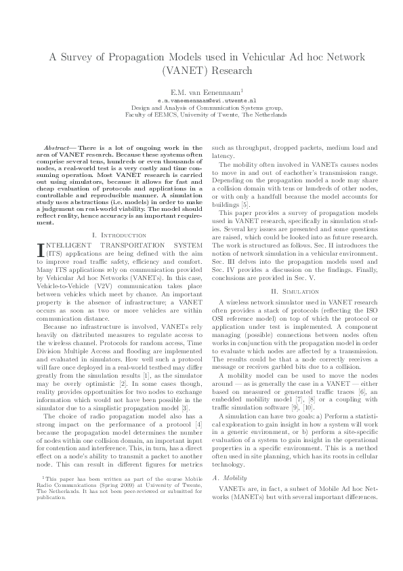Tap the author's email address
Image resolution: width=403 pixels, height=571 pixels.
202,99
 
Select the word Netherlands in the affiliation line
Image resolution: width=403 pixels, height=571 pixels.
270,115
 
